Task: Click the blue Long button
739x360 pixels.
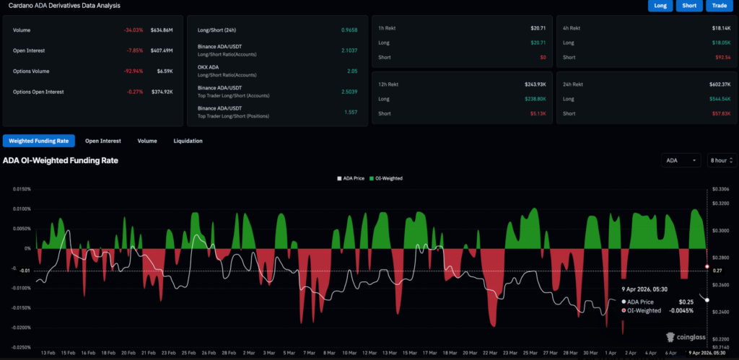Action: pyautogui.click(x=660, y=6)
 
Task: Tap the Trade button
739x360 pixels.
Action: pyautogui.click(x=719, y=6)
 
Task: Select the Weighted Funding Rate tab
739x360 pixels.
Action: pyautogui.click(x=39, y=141)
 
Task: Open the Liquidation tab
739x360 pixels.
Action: pyautogui.click(x=188, y=141)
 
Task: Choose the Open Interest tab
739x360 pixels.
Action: pyautogui.click(x=102, y=141)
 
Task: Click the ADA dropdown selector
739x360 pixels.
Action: pyautogui.click(x=681, y=160)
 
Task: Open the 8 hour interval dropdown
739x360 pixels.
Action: pyautogui.click(x=721, y=160)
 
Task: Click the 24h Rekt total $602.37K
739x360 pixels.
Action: pyautogui.click(x=720, y=84)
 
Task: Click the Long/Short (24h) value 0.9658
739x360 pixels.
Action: pyautogui.click(x=349, y=30)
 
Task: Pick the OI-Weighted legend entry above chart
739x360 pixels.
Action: pyautogui.click(x=386, y=177)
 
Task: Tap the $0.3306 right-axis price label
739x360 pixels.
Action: pyautogui.click(x=720, y=189)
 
